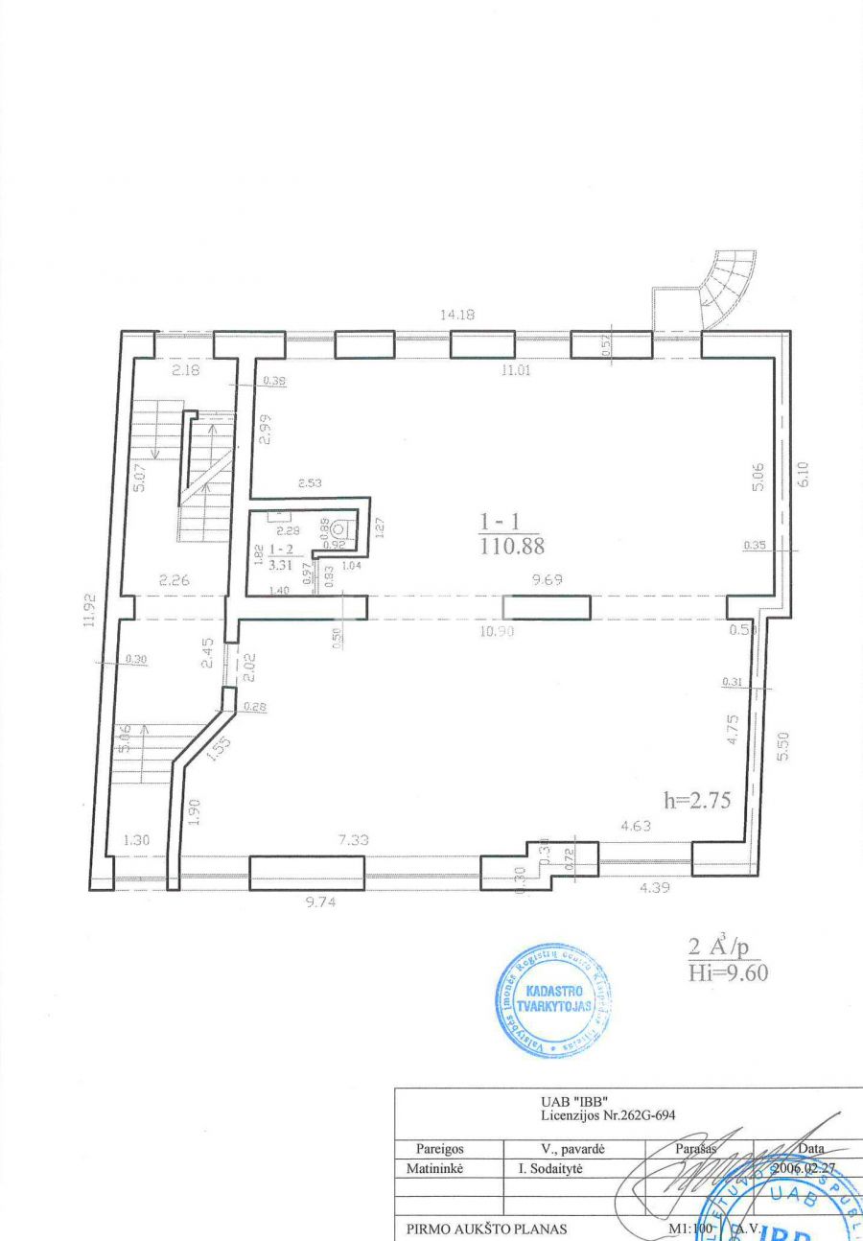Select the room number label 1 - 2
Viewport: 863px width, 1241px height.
tap(281, 549)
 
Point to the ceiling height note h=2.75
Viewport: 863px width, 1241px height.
tap(697, 801)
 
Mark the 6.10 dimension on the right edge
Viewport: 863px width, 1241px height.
tap(805, 475)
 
